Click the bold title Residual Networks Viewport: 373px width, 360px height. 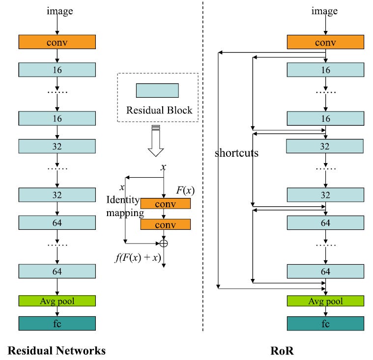57,350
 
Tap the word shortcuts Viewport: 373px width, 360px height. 236,153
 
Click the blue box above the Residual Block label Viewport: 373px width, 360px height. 157,90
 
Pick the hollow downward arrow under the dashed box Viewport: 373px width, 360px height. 156,142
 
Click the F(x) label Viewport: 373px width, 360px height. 184,190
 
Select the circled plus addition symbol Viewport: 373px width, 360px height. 163,242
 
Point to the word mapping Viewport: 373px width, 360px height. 125,213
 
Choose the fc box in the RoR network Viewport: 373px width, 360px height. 325,323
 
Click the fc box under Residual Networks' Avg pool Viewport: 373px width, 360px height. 57,323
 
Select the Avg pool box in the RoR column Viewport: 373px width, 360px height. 325,301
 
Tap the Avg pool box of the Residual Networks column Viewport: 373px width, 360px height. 57,301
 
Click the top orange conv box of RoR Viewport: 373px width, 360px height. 325,42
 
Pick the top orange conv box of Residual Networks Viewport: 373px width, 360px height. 57,42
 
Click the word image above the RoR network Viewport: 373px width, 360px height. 325,11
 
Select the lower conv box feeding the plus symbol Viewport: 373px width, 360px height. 165,224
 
